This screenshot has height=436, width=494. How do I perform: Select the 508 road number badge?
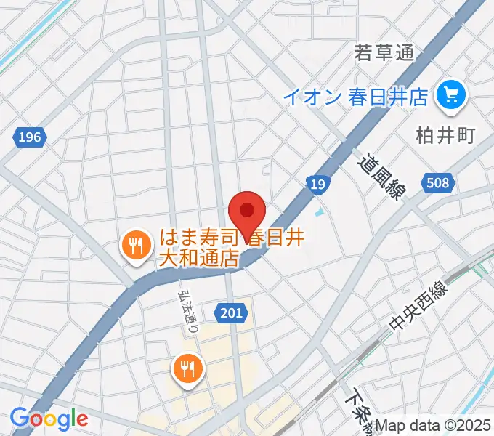(438, 183)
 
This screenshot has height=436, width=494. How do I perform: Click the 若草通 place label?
(384, 53)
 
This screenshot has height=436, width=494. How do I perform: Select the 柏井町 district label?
(445, 136)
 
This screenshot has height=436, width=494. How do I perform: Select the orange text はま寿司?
(195, 238)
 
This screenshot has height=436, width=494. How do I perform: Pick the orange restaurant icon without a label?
(188, 367)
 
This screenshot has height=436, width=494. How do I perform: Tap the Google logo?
(49, 419)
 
